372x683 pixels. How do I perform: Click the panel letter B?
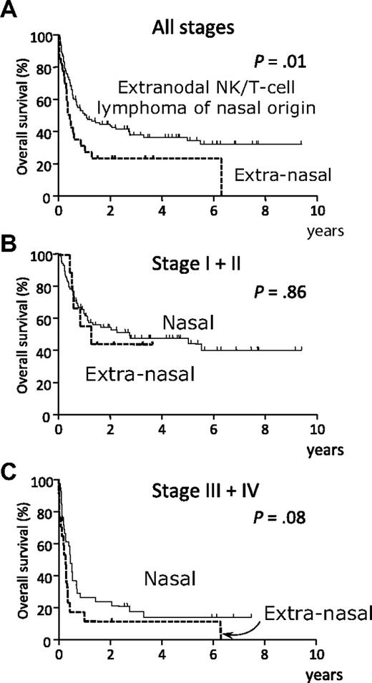pyautogui.click(x=8, y=231)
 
